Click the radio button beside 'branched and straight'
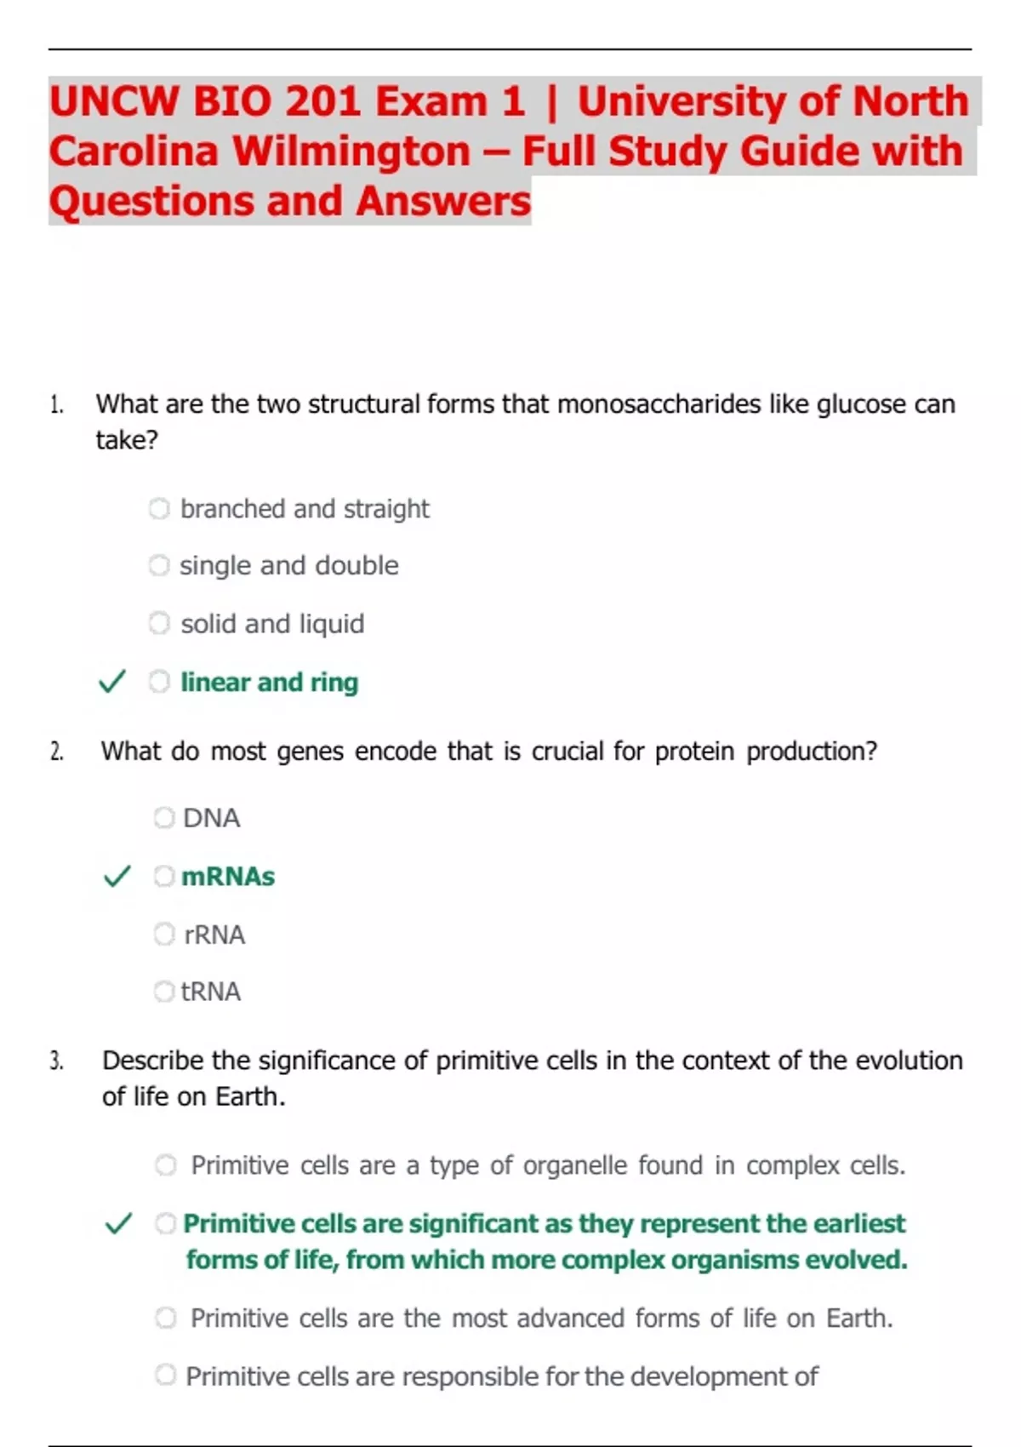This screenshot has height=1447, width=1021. pos(159,509)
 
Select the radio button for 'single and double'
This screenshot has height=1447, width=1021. pos(159,566)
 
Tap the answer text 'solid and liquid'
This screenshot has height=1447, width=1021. pos(272,624)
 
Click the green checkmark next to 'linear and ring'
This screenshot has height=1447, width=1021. pos(112,682)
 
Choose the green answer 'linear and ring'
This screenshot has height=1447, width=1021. pos(269,682)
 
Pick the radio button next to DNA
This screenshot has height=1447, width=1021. pos(163,818)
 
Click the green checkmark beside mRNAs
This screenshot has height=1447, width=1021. pos(117,876)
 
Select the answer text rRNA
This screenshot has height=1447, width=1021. pos(214,935)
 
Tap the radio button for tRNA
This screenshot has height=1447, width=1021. pos(163,992)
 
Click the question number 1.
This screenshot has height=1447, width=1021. pos(56,404)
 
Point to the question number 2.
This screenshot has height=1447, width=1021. pos(56,752)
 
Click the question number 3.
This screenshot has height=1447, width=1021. pos(56,1061)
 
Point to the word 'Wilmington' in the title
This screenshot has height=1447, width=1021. pos(351,152)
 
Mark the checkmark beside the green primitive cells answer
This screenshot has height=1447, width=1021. pos(118,1224)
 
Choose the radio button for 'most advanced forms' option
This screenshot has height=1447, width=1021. pos(166,1318)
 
